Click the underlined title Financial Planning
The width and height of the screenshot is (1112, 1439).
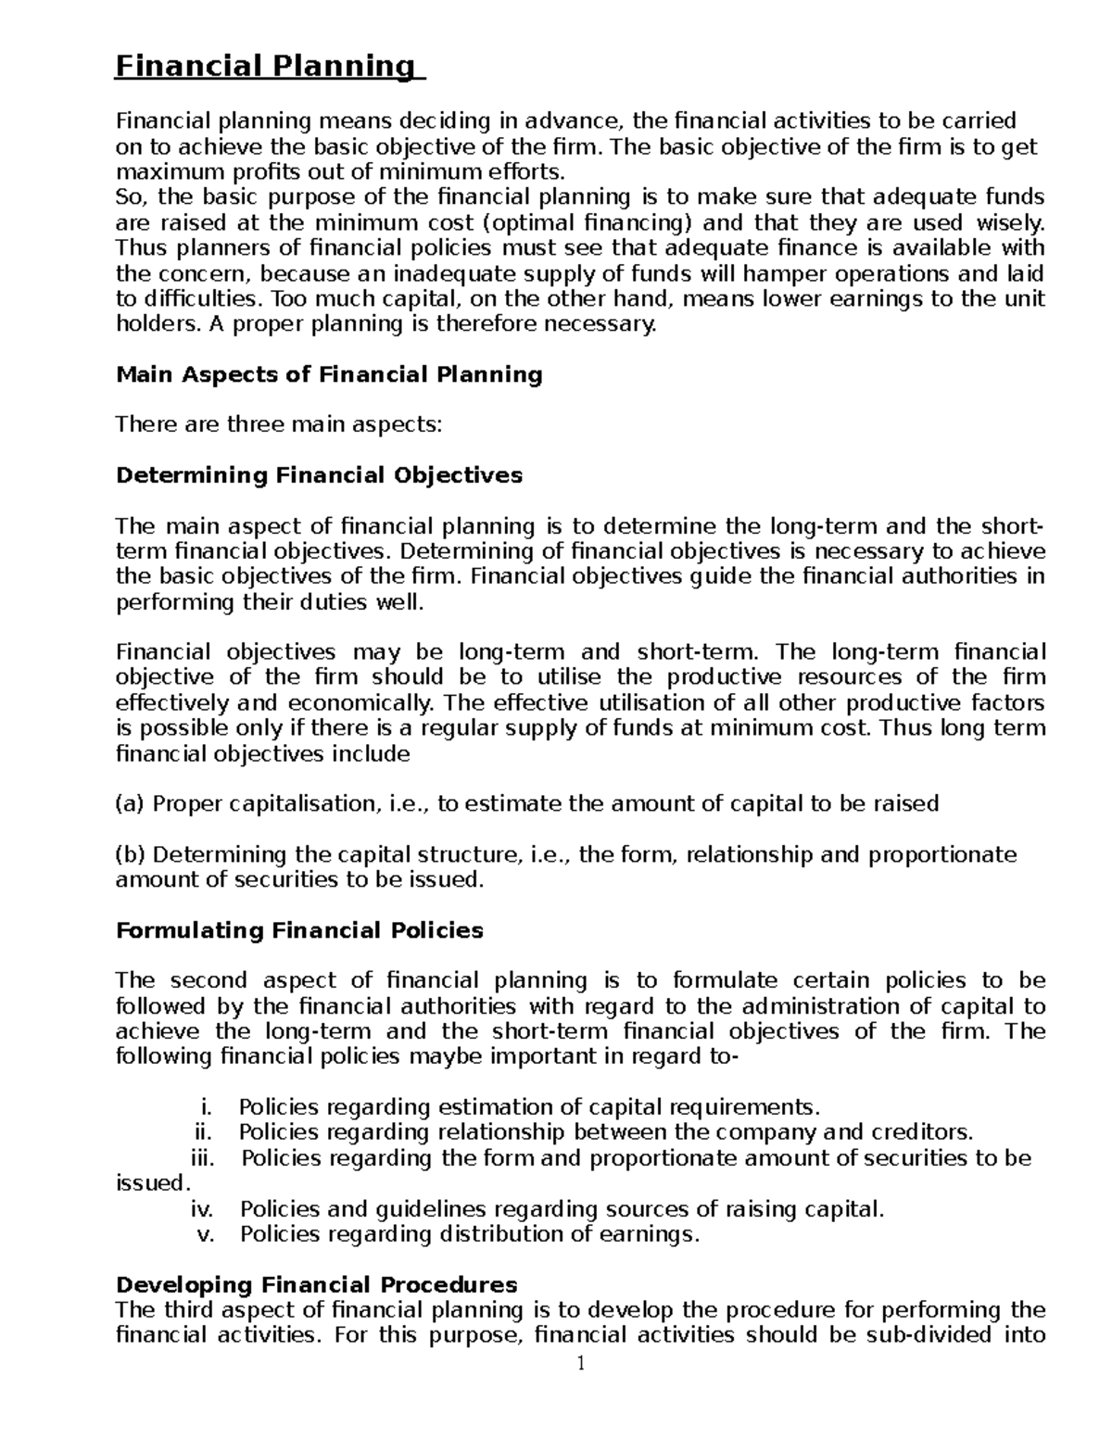264,67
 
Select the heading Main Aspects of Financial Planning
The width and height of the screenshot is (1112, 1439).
328,374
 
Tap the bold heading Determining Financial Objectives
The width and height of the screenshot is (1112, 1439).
318,475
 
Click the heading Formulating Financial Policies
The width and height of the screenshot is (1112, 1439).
298,930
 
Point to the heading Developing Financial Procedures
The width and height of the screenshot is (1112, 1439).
315,1284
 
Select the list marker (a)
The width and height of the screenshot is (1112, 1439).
130,803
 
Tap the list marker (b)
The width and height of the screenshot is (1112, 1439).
130,854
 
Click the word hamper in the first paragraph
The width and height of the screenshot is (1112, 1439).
768,274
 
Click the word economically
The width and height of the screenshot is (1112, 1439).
354,702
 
